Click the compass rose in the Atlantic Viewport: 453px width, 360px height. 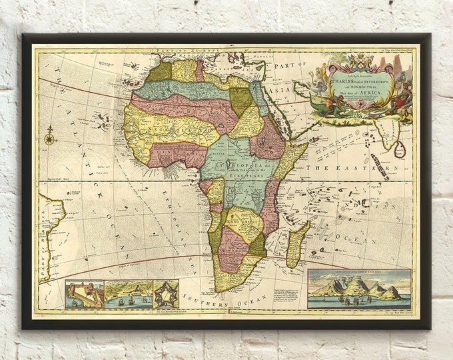click(49, 139)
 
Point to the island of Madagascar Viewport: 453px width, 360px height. click(297, 244)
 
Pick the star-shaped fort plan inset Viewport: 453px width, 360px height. click(165, 294)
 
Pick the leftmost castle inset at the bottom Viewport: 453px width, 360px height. click(84, 294)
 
